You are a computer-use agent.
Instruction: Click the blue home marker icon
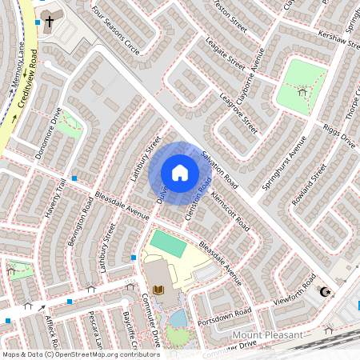tap(180, 173)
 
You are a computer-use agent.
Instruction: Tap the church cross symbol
tap(50, 21)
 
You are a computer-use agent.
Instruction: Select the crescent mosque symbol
tap(325, 292)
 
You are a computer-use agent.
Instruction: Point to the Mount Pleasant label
tap(268, 334)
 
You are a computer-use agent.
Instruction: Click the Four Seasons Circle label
tap(116, 31)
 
